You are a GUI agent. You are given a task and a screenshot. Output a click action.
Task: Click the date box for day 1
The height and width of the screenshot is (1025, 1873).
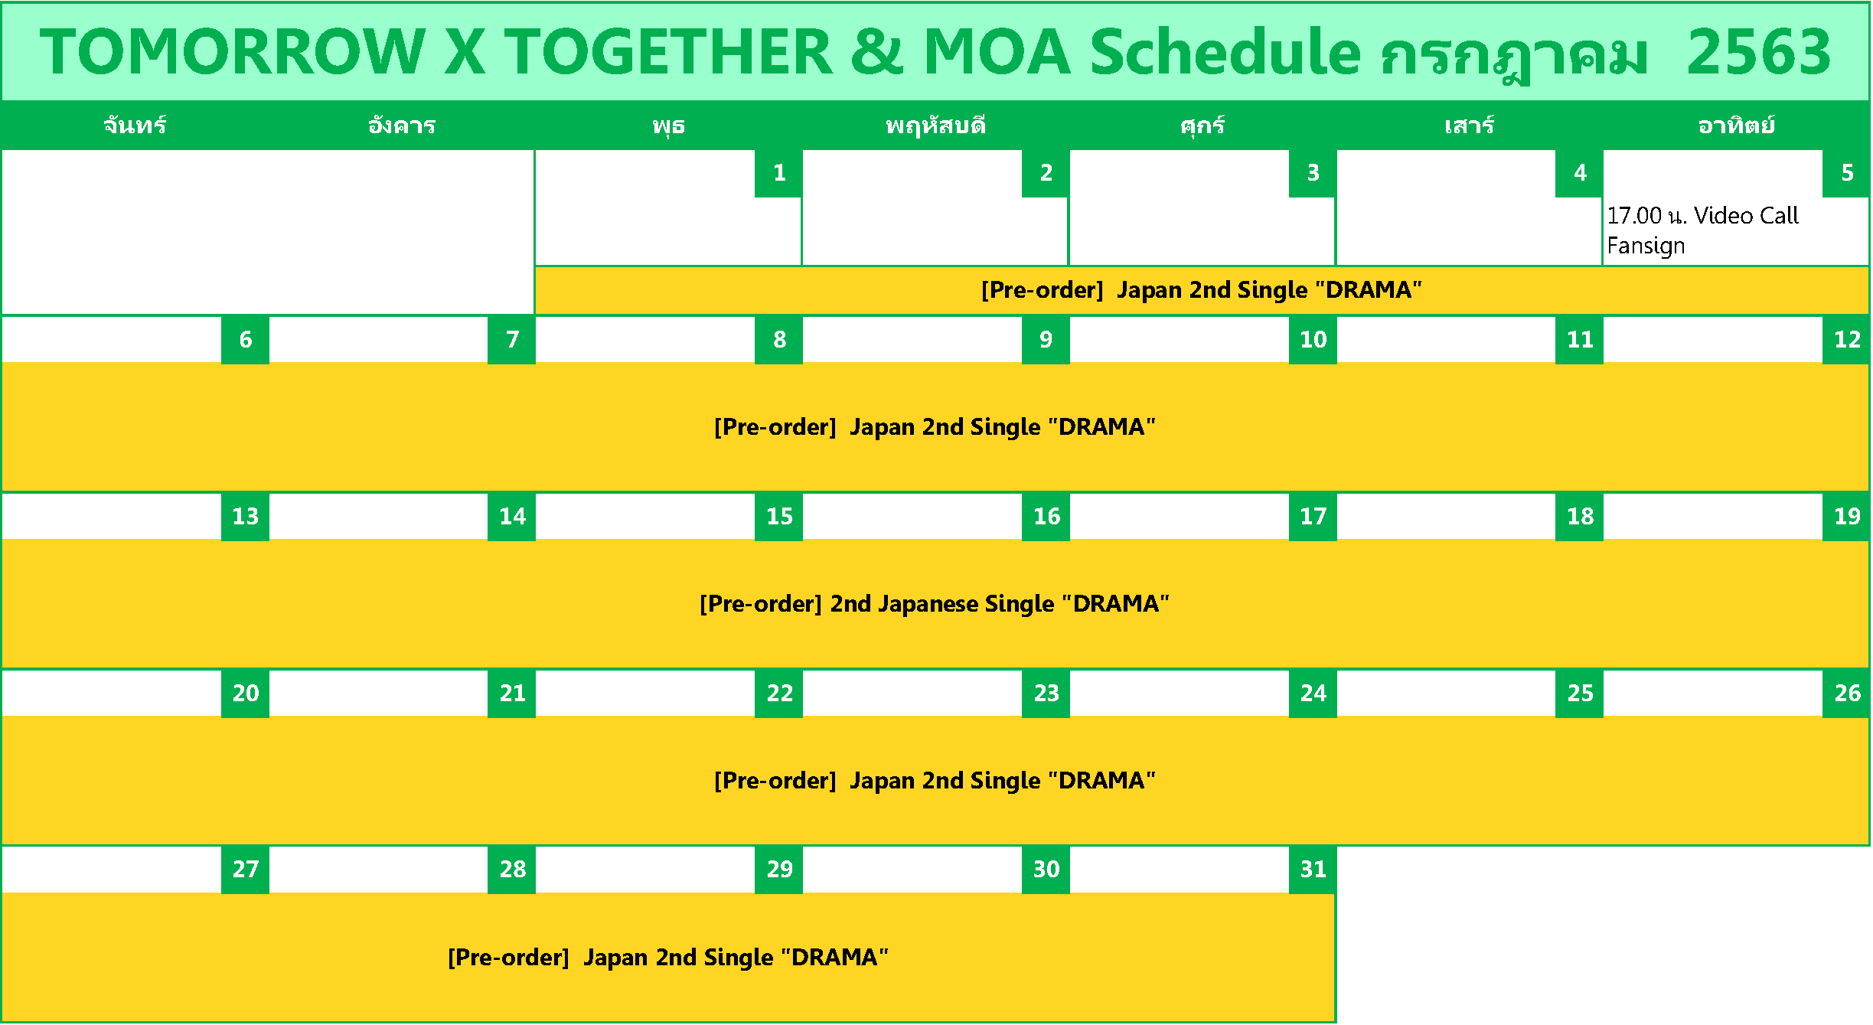778,173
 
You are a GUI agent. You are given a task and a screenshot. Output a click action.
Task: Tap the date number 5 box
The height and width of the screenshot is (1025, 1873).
1846,173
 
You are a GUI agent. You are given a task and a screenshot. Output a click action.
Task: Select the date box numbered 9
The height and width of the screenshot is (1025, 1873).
1046,340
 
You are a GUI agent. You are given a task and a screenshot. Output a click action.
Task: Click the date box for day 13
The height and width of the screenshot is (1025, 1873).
245,517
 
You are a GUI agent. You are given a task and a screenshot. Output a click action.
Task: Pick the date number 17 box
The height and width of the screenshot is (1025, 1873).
1313,517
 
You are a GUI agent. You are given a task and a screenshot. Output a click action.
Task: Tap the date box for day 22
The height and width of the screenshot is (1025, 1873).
778,694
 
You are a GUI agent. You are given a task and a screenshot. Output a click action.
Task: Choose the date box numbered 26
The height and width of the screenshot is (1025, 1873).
1846,694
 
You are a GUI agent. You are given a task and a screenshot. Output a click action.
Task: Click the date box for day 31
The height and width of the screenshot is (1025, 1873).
1313,870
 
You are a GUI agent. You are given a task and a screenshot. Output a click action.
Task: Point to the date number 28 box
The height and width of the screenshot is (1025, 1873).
511,870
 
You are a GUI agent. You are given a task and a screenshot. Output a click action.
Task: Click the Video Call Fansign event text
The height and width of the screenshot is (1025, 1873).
1702,230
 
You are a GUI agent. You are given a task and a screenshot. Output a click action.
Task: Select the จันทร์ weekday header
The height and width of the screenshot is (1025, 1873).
135,125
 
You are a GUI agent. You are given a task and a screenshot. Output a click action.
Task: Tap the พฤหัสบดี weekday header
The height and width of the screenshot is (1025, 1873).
935,125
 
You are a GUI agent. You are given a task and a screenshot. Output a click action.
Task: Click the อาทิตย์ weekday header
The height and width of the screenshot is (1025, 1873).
1736,125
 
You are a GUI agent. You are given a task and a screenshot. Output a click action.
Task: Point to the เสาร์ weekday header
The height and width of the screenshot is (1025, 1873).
1469,125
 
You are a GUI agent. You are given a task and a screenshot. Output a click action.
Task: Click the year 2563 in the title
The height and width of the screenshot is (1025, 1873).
1758,52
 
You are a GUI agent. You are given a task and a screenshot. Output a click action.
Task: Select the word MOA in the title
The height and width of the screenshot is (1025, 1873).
997,52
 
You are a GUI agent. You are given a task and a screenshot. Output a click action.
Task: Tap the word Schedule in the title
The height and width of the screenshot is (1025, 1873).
1225,52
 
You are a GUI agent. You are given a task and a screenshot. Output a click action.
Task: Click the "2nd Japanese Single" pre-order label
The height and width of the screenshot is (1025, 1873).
935,604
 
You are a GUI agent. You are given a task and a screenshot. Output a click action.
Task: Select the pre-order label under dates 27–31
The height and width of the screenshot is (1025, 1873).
668,958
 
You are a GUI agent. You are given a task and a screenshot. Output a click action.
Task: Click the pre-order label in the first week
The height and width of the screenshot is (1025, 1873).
1202,290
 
